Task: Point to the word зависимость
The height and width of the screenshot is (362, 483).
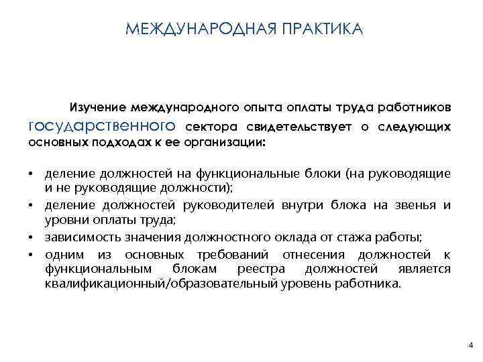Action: pos(78,236)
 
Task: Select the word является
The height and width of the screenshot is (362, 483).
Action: pos(425,269)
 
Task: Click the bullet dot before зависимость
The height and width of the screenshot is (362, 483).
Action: pos(32,237)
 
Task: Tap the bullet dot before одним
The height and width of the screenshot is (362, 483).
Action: pos(32,255)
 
